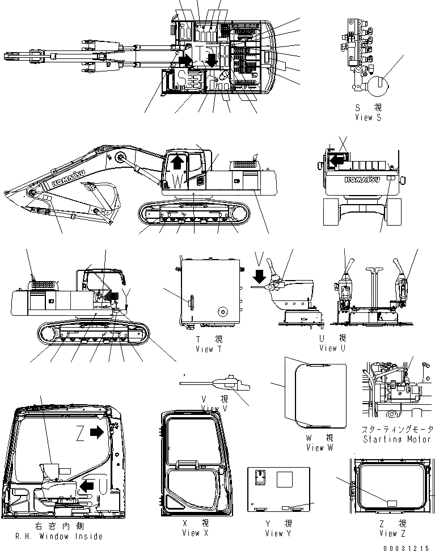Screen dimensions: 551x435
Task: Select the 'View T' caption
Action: (x=204, y=349)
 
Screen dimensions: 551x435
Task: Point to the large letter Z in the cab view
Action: (x=82, y=434)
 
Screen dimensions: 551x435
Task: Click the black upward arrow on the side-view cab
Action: (x=178, y=163)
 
